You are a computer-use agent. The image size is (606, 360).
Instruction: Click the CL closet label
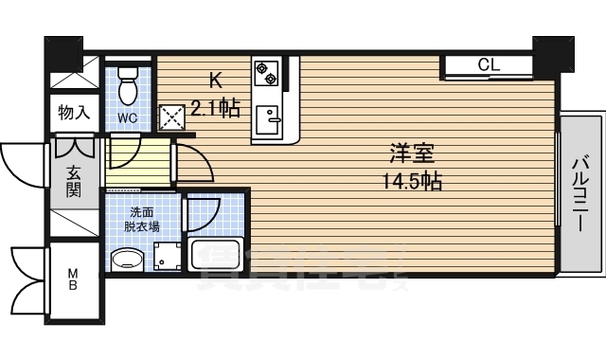489,65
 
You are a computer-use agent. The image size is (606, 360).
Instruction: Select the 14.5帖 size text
413,180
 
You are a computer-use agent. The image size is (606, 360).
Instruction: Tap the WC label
128,118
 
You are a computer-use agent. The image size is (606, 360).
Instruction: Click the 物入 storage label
73,113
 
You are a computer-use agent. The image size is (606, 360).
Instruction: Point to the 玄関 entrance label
73,180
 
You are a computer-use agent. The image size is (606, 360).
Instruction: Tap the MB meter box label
72,281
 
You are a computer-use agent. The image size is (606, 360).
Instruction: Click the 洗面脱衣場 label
144,221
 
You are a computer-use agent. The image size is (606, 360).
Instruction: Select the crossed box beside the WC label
171,116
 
